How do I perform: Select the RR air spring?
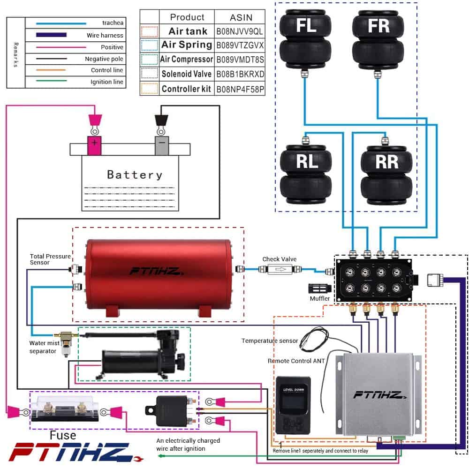[386, 174]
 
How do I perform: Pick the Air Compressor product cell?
[186, 60]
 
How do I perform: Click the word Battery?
[135, 175]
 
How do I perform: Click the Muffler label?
[320, 298]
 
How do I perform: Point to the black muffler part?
[317, 287]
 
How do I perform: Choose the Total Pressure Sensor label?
[50, 259]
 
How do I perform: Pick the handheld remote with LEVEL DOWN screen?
[291, 404]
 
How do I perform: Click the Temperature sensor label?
[270, 340]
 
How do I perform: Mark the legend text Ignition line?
[107, 82]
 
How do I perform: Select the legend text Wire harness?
[105, 35]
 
